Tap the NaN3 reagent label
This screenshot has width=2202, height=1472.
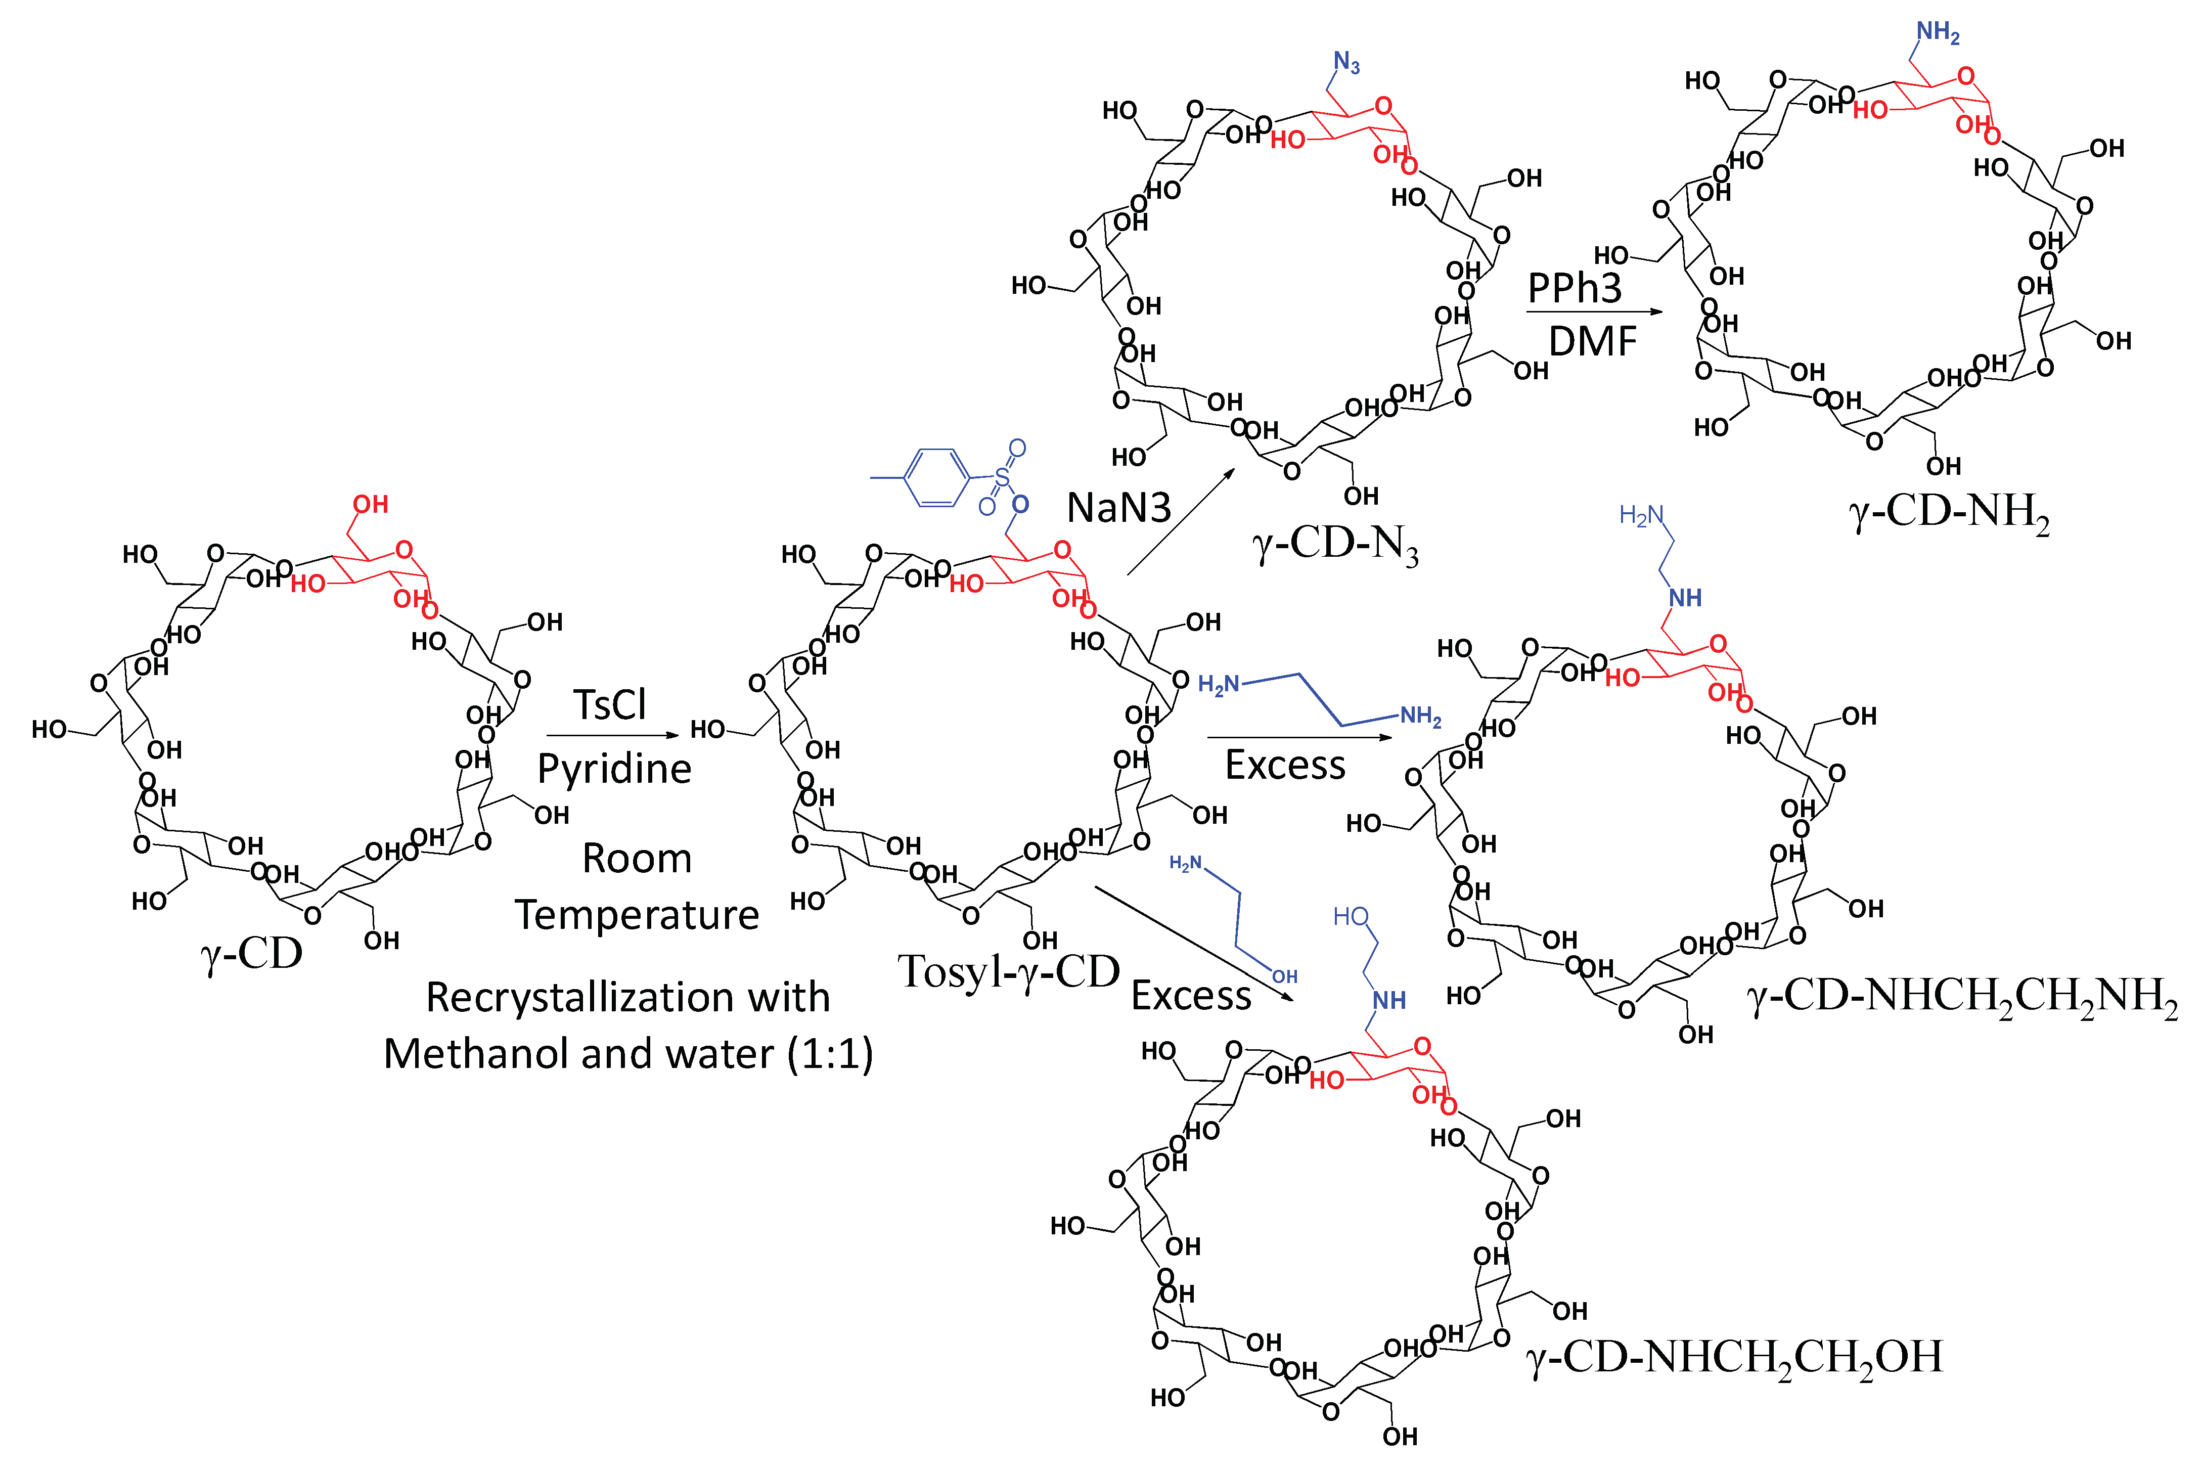pos(1119,508)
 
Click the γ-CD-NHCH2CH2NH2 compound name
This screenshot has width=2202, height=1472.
pos(1962,997)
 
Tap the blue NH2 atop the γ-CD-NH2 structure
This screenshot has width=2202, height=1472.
pos(1938,33)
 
